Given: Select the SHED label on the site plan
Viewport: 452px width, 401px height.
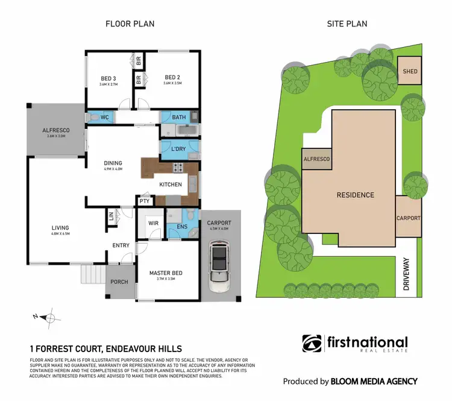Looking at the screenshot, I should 410,72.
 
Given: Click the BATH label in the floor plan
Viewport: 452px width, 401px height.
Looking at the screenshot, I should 178,117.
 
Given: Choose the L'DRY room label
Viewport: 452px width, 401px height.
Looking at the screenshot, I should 178,148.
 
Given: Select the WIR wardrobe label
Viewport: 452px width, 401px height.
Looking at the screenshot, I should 152,224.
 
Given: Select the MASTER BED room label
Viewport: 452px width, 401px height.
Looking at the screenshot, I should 166,273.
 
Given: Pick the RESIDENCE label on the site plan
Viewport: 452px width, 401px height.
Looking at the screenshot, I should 356,195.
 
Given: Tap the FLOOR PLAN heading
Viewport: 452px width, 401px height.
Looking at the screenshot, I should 130,24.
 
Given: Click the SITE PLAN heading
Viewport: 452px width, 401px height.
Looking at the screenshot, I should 347,24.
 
